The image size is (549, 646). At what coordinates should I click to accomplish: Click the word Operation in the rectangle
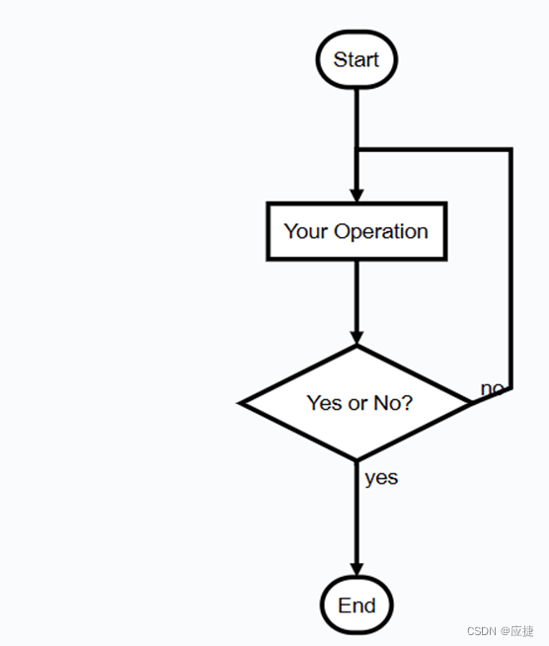pyautogui.click(x=381, y=232)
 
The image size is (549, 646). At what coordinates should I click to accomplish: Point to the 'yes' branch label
pyautogui.click(x=381, y=479)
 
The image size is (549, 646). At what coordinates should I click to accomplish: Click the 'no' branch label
pyautogui.click(x=492, y=388)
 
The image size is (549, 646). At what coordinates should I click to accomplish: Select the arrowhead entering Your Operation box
pyautogui.click(x=356, y=196)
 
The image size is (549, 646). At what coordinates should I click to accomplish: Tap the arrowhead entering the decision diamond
pyautogui.click(x=356, y=338)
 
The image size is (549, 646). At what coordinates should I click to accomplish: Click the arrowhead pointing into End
pyautogui.click(x=356, y=569)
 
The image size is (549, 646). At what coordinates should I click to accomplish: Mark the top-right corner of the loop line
pyautogui.click(x=510, y=149)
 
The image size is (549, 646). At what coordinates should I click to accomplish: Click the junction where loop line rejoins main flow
pyautogui.click(x=357, y=149)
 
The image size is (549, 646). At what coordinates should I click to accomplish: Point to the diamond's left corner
pyautogui.click(x=239, y=403)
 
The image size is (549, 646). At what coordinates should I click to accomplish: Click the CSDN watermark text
pyautogui.click(x=482, y=631)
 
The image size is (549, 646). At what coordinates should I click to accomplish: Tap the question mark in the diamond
pyautogui.click(x=407, y=402)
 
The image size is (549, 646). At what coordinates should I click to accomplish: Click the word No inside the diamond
pyautogui.click(x=386, y=403)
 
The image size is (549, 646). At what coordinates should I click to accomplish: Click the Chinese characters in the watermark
pyautogui.click(x=521, y=631)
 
